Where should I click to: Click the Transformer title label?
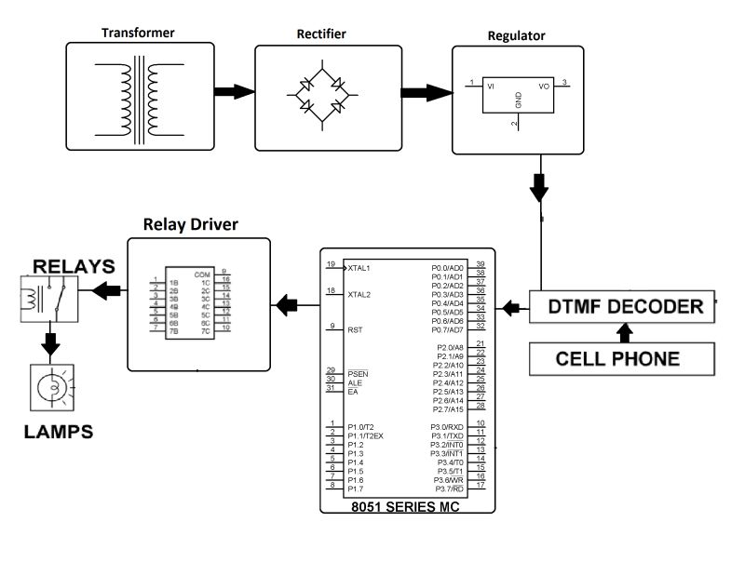[137, 32]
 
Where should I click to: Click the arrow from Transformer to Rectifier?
[234, 92]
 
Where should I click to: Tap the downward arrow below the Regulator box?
[541, 190]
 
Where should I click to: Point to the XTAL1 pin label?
[360, 268]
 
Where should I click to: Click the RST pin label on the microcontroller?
[354, 328]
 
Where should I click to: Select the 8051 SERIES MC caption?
[406, 508]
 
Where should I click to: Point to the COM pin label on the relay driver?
[202, 274]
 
